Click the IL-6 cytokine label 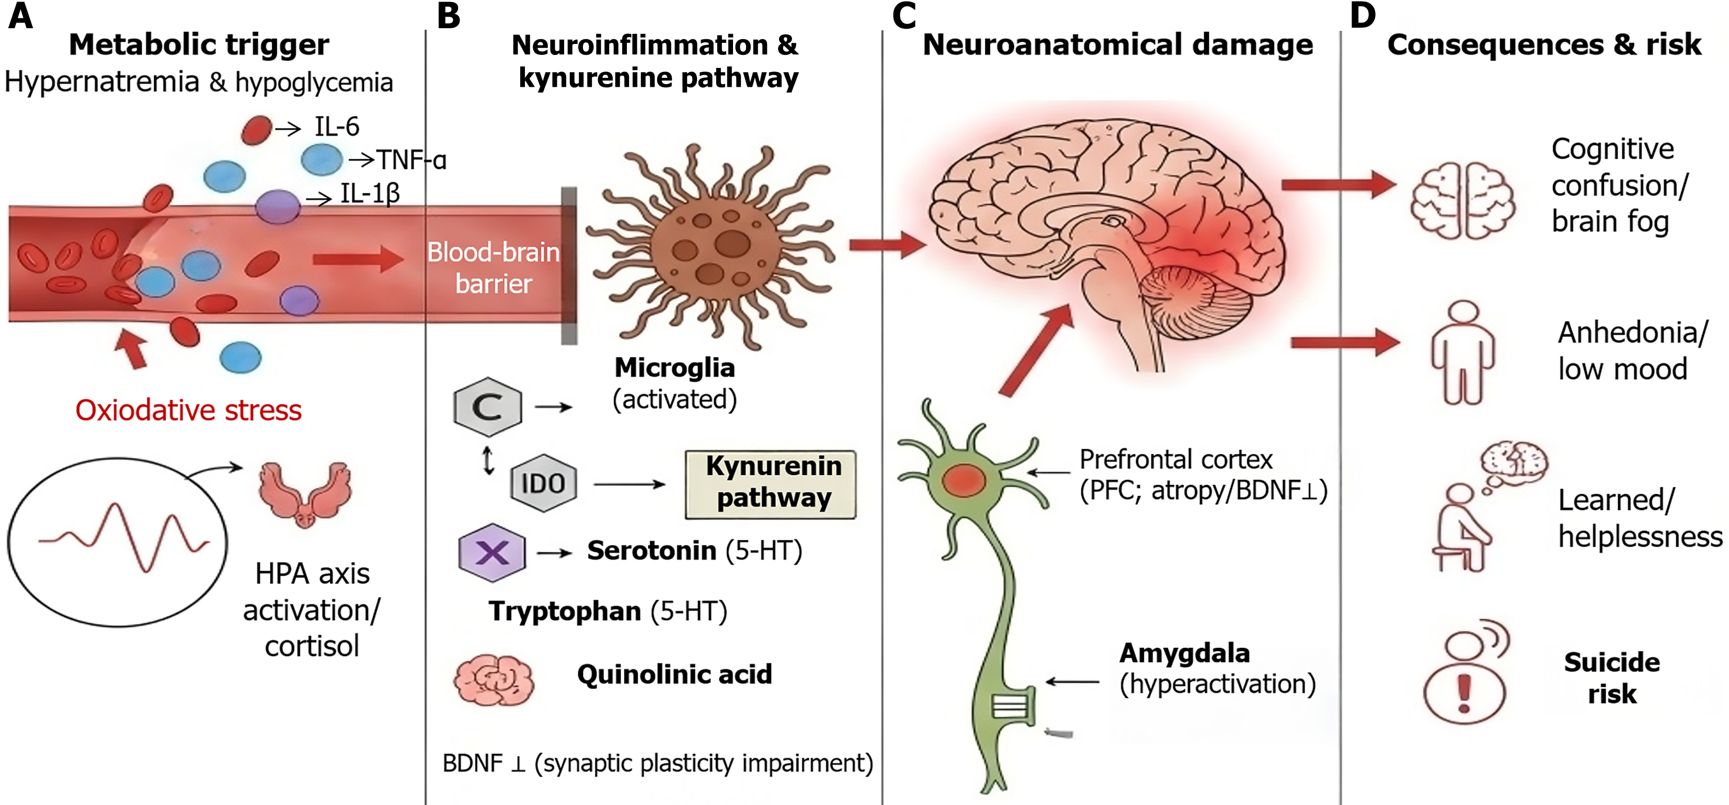(336, 127)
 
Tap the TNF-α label (411, 160)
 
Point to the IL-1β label (370, 193)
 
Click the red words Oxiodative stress (189, 410)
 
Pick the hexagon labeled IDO (543, 483)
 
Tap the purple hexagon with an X (492, 552)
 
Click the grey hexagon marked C (488, 406)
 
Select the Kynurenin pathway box (771, 484)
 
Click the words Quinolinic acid (674, 674)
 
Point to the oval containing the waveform (118, 542)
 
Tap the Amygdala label (1184, 652)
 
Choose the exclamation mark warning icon (1464, 693)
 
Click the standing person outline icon (1463, 353)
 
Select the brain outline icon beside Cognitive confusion (1463, 200)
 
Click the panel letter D (1362, 16)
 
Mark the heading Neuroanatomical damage (1117, 45)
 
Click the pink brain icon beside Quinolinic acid (494, 680)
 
